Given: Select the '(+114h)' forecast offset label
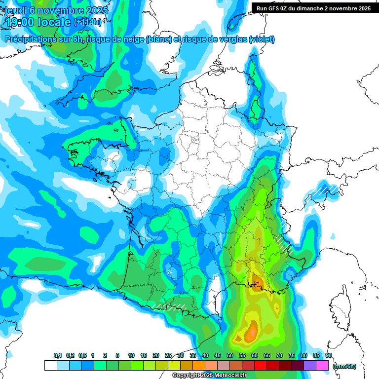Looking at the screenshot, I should point(87,22).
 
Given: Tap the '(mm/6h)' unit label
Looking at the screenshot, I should point(344,366).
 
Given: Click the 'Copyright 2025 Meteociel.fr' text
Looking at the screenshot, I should point(209,376).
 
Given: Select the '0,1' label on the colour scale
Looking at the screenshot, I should point(58,356).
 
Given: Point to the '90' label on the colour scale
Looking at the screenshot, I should point(328,356).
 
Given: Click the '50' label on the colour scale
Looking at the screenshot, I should point(230,356).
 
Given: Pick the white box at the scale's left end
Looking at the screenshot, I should point(50,366).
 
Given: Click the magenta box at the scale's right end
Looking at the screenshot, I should point(322,366).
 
